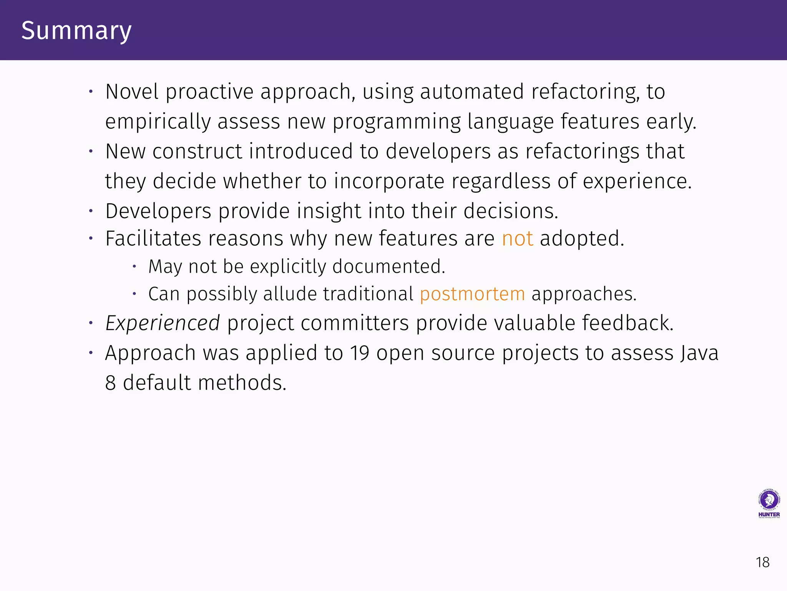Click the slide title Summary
[x=76, y=31]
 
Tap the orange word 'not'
[x=517, y=239]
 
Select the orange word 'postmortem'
[x=472, y=294]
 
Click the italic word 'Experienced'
[x=163, y=323]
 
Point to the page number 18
[x=762, y=563]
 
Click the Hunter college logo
[x=769, y=504]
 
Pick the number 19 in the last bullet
[x=359, y=353]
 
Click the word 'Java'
[x=699, y=353]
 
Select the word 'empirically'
[x=158, y=122]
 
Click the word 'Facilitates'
[x=153, y=239]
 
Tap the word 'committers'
[x=354, y=323]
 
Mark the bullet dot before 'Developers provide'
[x=91, y=211]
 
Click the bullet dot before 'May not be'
[x=134, y=266]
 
